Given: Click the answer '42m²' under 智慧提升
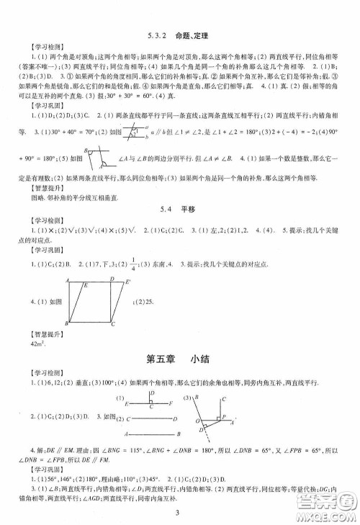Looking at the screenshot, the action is point(36,344).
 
